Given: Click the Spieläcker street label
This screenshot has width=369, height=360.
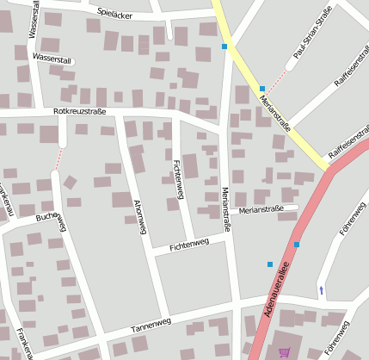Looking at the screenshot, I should (x=115, y=13).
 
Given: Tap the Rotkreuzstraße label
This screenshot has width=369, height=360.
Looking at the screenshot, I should (x=79, y=111).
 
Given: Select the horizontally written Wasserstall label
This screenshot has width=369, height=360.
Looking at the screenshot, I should (x=52, y=58).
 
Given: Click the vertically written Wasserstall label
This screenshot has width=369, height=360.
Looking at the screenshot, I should (x=32, y=19).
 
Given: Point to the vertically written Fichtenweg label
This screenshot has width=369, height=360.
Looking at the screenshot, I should (x=178, y=179).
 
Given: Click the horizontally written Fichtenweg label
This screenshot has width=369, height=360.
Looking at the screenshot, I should (x=189, y=246).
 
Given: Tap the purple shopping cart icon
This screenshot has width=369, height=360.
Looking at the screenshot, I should (x=285, y=351).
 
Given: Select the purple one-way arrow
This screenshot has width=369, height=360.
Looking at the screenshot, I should (x=322, y=290).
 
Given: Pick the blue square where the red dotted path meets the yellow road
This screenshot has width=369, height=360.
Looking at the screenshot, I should (x=262, y=89).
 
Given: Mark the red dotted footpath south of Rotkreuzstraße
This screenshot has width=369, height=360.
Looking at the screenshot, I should (x=59, y=158).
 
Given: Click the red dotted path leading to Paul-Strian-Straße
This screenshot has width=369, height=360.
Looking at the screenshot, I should (x=276, y=76).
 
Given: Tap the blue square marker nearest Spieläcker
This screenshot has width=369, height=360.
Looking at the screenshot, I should (x=224, y=46).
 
